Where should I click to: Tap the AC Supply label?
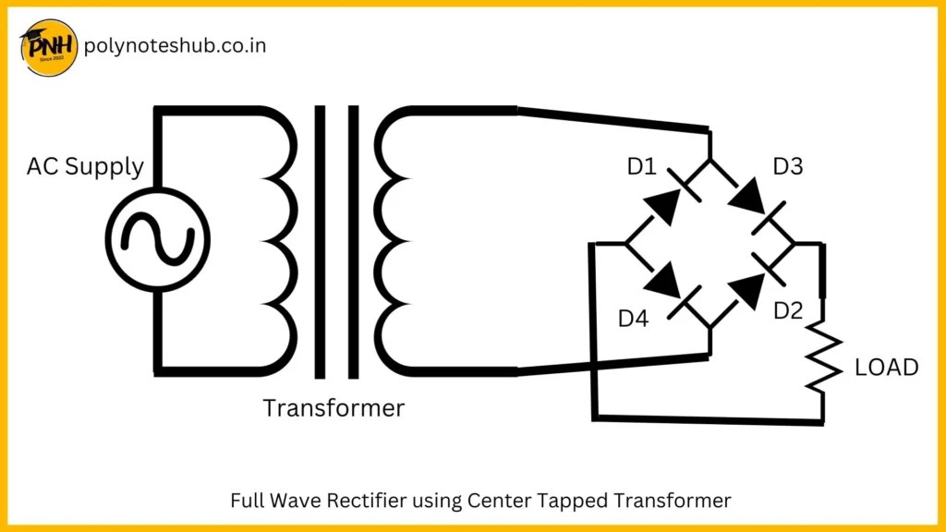(x=85, y=167)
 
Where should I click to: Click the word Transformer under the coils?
(x=334, y=407)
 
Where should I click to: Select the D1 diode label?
(x=640, y=167)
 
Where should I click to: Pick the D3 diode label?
(x=788, y=167)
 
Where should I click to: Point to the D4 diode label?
(x=634, y=319)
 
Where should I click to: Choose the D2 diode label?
(x=788, y=310)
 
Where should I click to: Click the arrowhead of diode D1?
(x=661, y=205)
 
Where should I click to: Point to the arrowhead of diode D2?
(x=746, y=289)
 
